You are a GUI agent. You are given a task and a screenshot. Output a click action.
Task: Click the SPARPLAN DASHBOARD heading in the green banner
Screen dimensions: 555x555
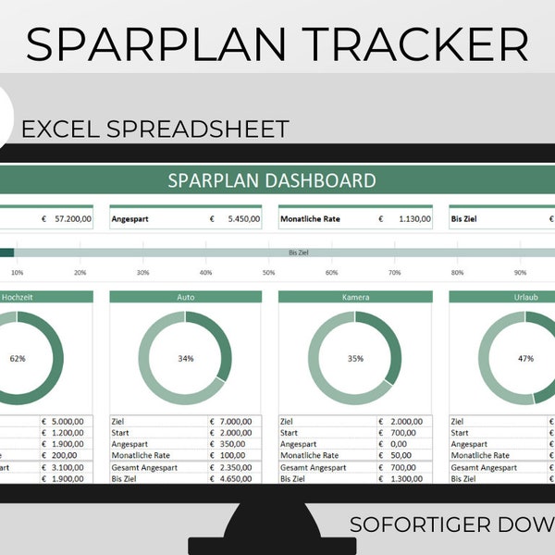click(272, 180)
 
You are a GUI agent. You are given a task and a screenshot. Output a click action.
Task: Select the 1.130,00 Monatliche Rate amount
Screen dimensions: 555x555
click(410, 220)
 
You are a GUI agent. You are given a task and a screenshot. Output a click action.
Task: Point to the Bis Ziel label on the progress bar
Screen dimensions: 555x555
click(298, 252)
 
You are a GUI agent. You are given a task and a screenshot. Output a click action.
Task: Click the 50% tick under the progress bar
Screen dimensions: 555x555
click(268, 273)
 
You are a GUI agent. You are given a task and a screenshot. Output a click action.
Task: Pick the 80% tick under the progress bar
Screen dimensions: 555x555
click(457, 273)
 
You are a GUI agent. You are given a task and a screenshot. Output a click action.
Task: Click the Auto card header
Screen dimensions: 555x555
click(185, 298)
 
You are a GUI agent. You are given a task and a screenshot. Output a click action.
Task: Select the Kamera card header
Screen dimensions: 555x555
click(354, 298)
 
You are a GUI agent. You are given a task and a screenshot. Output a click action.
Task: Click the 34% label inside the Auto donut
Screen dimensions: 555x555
click(185, 358)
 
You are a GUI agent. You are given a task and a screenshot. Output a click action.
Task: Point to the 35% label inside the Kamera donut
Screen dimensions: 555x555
click(354, 358)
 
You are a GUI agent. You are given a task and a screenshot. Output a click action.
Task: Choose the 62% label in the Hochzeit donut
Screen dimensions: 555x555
click(17, 358)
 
